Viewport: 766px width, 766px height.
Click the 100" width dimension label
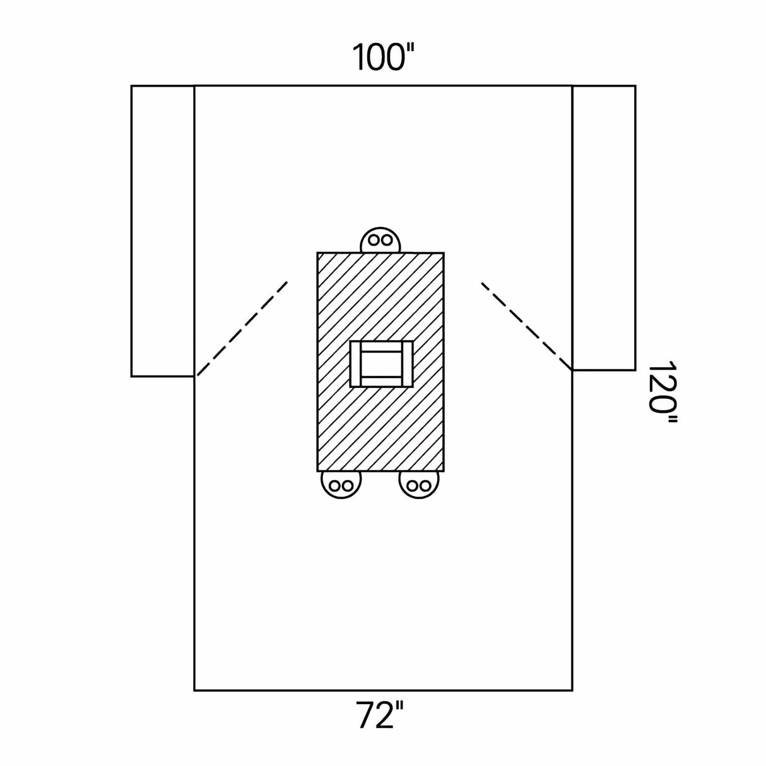[384, 57]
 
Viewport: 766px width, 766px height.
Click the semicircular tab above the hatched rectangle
[380, 240]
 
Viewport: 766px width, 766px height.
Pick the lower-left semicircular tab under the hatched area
[341, 484]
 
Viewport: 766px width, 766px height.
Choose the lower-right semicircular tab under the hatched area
[420, 484]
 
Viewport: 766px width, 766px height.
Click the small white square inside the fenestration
[381, 363]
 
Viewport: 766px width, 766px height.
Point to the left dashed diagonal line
[242, 328]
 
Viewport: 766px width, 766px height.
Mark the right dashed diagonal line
[527, 326]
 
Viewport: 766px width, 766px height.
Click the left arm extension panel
[163, 231]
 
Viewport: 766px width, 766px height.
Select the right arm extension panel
[604, 228]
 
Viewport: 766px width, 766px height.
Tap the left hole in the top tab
[374, 240]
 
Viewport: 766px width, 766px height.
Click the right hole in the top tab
[386, 240]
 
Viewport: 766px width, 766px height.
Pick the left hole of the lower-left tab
[335, 485]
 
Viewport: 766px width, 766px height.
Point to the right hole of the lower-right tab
[425, 485]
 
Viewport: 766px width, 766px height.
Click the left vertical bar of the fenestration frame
[356, 363]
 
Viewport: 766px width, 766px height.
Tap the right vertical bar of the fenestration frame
[407, 363]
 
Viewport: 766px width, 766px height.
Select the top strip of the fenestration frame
[381, 346]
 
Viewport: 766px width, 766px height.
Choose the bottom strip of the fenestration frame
[381, 382]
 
